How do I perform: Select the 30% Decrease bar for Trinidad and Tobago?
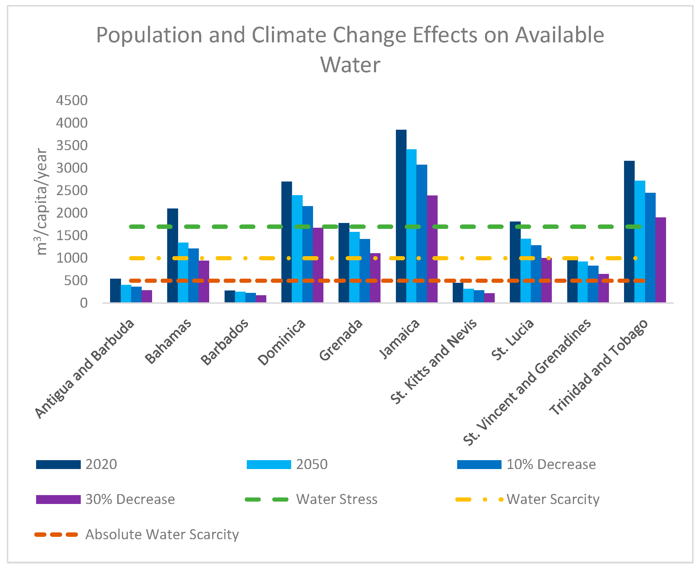pyautogui.click(x=661, y=260)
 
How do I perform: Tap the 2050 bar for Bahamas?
pyautogui.click(x=183, y=272)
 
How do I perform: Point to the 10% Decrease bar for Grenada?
pyautogui.click(x=365, y=271)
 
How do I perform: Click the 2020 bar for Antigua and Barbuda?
pyautogui.click(x=115, y=290)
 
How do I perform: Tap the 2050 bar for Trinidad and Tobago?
pyautogui.click(x=640, y=241)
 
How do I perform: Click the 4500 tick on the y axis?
pyautogui.click(x=72, y=100)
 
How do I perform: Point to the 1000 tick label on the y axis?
pyautogui.click(x=72, y=258)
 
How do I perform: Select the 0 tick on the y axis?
pyautogui.click(x=84, y=303)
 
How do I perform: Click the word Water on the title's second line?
pyautogui.click(x=350, y=65)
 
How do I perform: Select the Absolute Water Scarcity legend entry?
pyautogui.click(x=162, y=534)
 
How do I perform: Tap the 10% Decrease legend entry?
pyautogui.click(x=551, y=464)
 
